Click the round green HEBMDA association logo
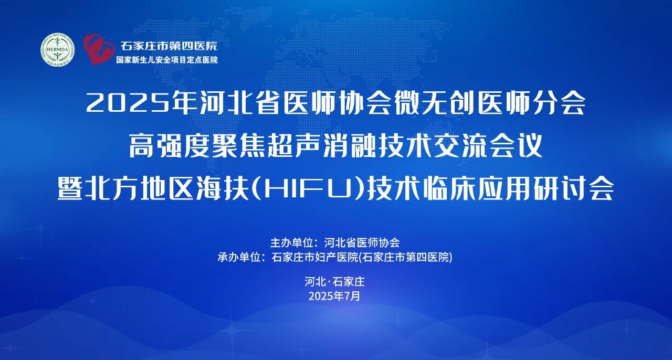tap(58, 49)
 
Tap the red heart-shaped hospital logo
tap(99, 49)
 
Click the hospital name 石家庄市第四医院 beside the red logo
tap(169, 46)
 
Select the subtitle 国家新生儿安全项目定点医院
tap(167, 60)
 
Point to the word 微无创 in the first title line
tap(436, 103)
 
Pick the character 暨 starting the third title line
tap(70, 188)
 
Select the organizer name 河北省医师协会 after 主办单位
tap(362, 242)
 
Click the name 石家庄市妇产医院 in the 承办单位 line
tap(315, 257)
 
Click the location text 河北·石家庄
tap(334, 281)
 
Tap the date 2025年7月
tap(334, 296)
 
